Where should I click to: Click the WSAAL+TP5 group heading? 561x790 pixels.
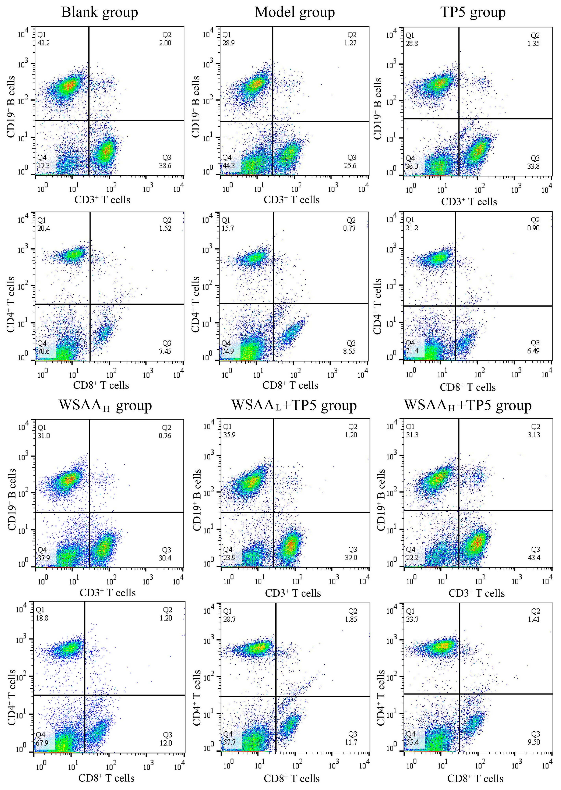294,405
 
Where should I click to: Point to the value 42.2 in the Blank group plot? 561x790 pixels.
44,43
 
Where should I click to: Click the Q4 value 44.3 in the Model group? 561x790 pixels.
228,166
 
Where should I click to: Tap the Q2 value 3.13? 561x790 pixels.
534,435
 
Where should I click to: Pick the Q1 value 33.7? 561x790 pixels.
412,619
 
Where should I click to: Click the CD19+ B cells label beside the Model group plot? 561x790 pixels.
196,107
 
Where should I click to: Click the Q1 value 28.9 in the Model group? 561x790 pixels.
228,43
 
